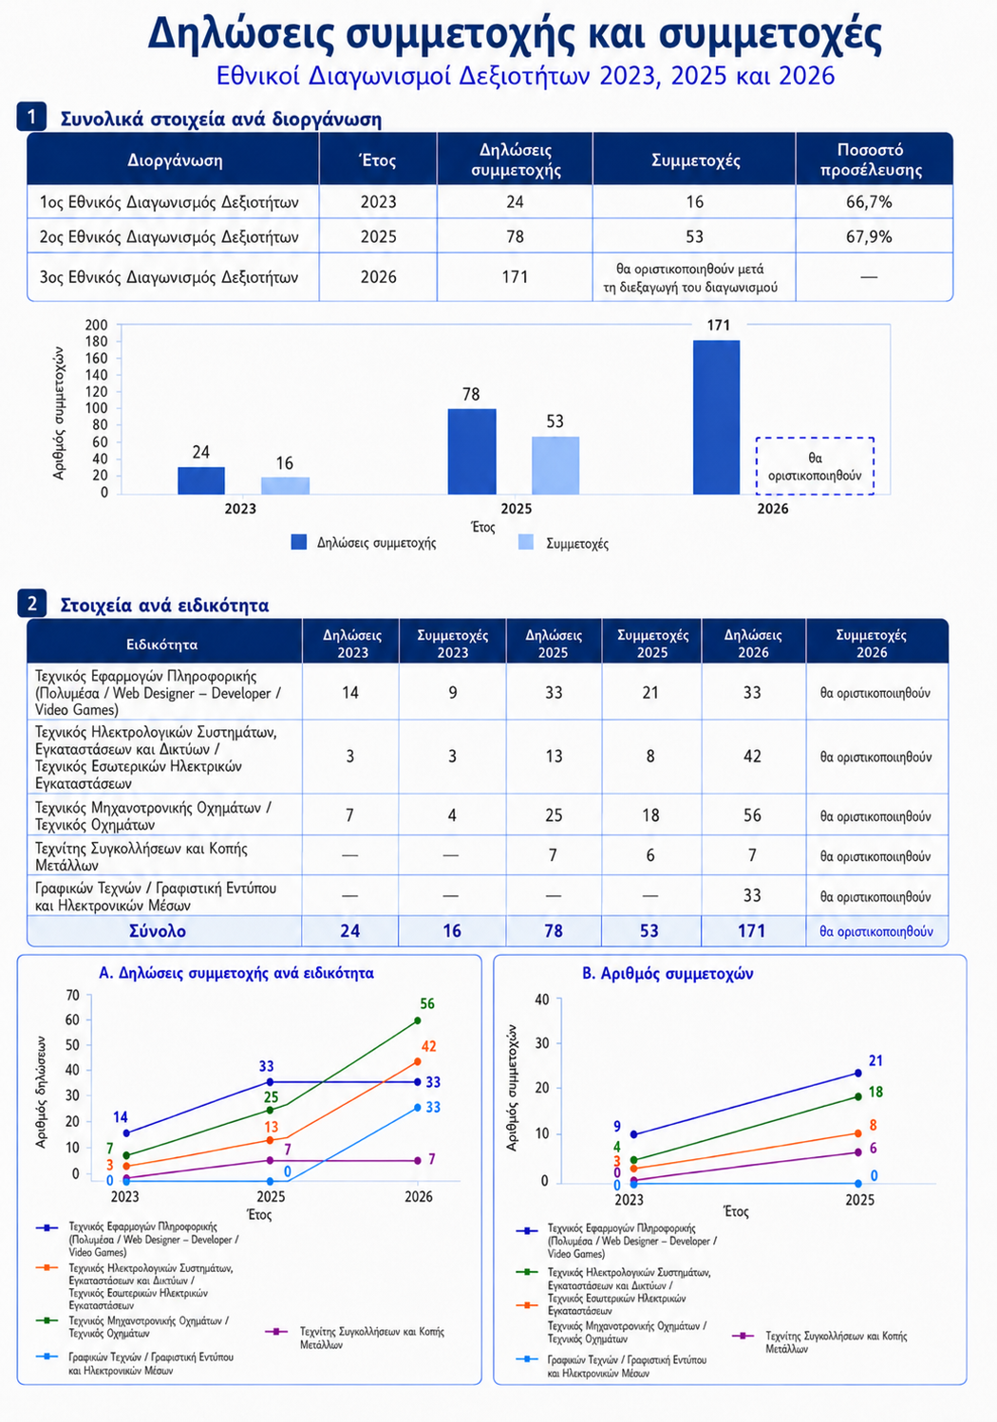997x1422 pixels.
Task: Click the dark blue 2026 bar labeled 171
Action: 716,417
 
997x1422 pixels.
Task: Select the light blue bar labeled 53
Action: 555,465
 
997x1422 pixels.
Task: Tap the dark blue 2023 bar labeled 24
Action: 201,480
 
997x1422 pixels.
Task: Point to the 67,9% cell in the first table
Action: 869,236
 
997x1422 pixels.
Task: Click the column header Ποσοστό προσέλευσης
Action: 870,160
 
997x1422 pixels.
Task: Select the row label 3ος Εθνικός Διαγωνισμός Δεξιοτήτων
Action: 169,277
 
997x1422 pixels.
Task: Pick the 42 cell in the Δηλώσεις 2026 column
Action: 752,756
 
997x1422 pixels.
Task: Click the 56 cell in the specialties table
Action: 752,815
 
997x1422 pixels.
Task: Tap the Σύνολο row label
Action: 158,930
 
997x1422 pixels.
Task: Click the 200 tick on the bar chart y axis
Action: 97,325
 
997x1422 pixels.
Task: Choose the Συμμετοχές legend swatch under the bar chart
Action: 526,542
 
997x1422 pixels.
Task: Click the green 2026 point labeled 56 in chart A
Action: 417,1020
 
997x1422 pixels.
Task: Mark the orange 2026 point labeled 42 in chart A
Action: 417,1061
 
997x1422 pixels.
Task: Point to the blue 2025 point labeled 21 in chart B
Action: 858,1073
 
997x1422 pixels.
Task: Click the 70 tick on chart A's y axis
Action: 72,995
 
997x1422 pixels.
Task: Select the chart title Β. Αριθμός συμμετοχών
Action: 668,973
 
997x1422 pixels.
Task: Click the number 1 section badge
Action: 31,117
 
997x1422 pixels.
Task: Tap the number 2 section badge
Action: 31,603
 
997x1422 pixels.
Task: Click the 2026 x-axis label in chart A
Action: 419,1197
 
